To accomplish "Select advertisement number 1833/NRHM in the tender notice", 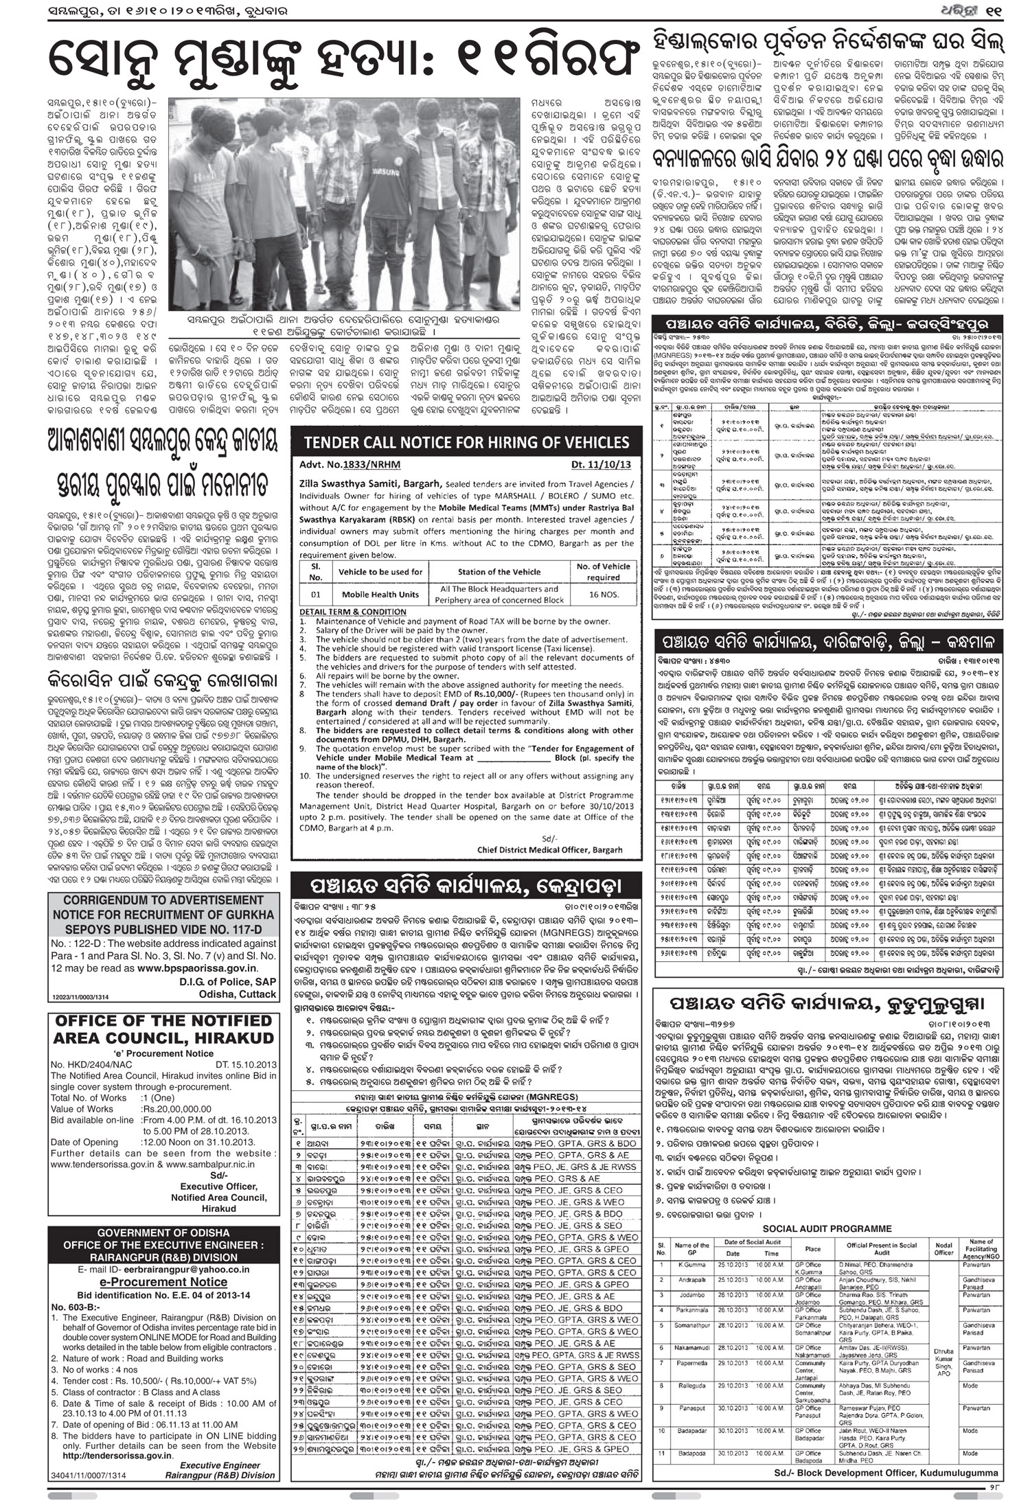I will (351, 464).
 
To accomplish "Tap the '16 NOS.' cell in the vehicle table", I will (603, 594).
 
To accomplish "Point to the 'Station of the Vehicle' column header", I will (499, 571).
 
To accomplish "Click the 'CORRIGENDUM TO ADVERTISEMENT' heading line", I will (163, 900).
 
